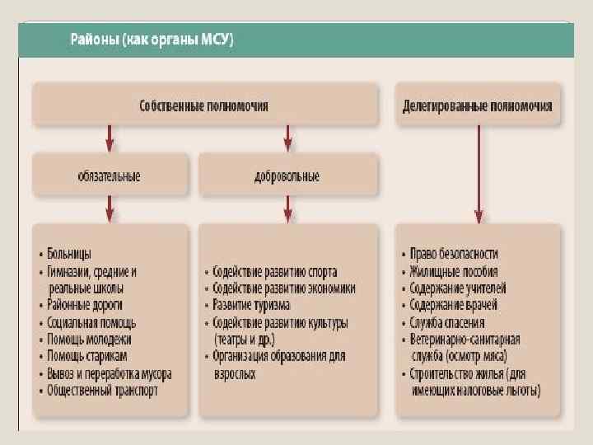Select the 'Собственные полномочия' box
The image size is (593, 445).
point(204,105)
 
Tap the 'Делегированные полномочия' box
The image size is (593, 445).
point(477,106)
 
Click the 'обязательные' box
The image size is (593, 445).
point(109,176)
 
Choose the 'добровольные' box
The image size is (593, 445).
point(287,176)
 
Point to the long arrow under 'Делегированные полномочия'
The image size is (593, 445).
point(478,173)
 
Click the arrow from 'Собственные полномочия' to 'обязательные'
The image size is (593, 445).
point(110,138)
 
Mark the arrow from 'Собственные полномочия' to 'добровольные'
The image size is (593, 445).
point(287,138)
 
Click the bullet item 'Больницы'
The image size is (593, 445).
point(69,253)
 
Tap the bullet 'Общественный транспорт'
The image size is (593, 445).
point(102,391)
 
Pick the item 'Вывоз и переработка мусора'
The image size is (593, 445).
point(109,373)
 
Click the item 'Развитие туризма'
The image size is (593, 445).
point(251,305)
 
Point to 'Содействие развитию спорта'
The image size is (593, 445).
point(274,271)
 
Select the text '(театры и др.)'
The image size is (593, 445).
point(245,339)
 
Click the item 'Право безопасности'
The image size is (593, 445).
point(454,254)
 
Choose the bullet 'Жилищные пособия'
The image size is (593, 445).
point(454,271)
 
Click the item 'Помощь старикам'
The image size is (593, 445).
point(87,356)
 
